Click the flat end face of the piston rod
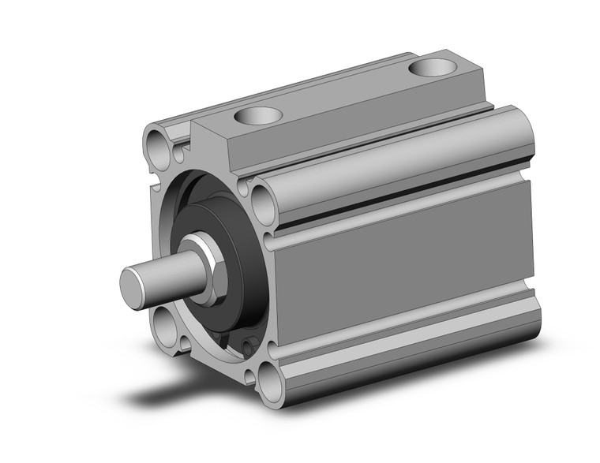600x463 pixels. tap(134, 281)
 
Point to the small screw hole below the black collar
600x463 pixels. tap(250, 343)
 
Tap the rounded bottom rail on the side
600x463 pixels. tap(411, 347)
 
